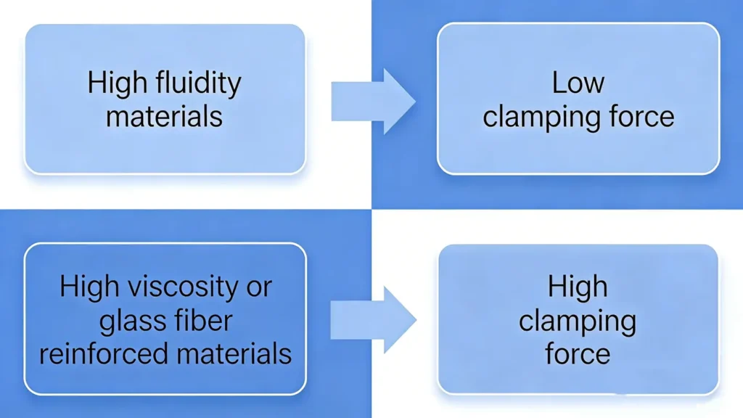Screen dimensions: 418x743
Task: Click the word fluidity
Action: tap(197, 83)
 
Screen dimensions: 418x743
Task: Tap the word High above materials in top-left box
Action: tap(117, 83)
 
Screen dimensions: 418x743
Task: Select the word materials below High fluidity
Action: tap(164, 116)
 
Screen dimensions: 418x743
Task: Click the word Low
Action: tap(578, 83)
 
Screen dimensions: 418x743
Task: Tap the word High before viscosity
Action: tap(89, 287)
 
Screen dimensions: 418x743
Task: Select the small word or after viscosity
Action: tap(257, 288)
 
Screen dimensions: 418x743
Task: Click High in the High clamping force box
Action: tap(578, 287)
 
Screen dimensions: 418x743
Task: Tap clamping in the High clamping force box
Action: tap(578, 321)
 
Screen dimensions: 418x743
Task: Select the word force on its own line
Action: tap(578, 353)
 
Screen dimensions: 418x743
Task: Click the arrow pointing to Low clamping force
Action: tap(373, 101)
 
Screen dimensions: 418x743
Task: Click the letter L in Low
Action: tap(557, 83)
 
